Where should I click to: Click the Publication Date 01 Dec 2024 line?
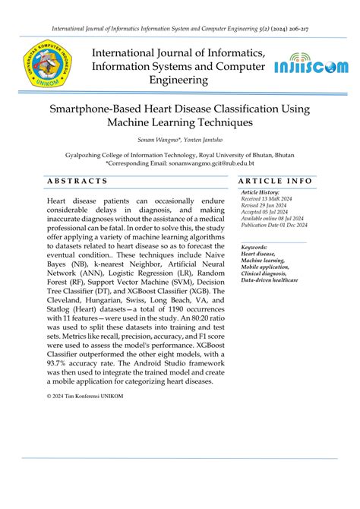(x=274, y=225)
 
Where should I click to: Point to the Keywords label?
(x=254, y=248)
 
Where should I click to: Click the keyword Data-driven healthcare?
(x=270, y=280)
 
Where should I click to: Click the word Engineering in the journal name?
(x=179, y=80)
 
